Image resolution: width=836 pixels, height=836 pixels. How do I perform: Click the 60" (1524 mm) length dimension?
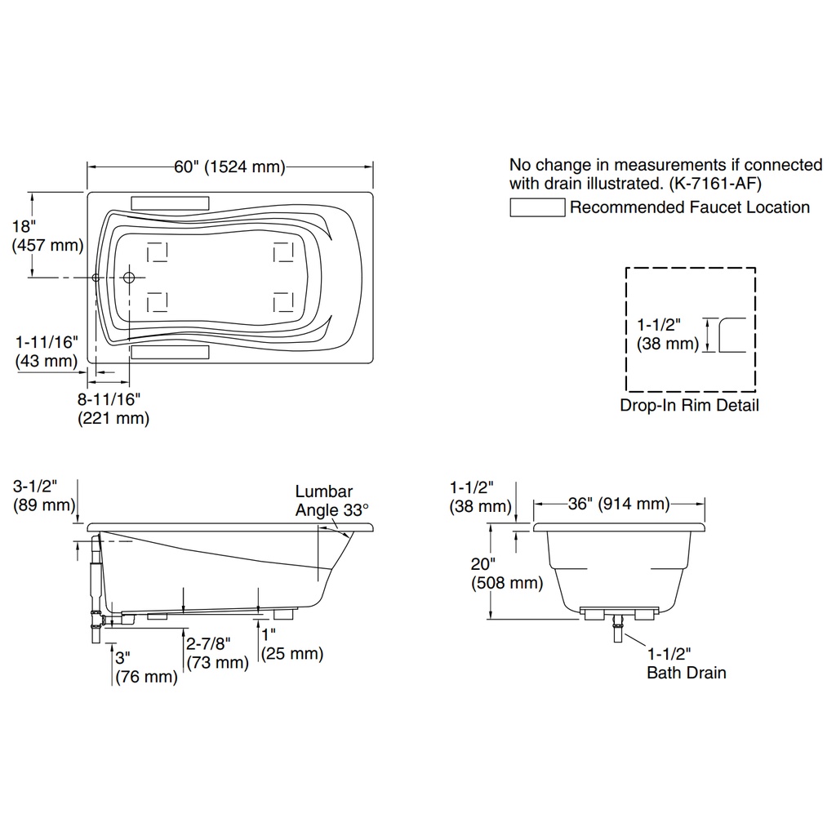coord(229,167)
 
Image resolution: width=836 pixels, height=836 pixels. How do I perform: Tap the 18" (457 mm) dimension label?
coord(47,236)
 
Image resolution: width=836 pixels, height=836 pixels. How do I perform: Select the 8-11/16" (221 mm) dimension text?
coord(113,408)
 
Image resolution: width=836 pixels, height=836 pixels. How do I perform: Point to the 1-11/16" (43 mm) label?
coord(47,351)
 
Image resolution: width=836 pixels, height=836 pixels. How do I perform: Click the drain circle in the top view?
coord(128,278)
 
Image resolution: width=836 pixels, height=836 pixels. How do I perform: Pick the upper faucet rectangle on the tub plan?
coord(170,203)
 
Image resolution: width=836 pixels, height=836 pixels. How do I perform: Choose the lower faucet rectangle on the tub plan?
coord(170,353)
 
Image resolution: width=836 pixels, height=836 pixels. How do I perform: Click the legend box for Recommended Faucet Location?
coord(537,207)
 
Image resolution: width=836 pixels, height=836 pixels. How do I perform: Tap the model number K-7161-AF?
coord(715,184)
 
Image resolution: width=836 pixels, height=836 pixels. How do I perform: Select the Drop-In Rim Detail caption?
coord(689,405)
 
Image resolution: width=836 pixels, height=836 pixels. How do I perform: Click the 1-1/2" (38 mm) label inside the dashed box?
coord(668,334)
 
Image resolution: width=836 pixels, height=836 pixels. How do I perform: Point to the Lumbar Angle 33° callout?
coord(331,500)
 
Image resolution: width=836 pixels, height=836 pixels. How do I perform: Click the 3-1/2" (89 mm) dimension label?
coord(44,496)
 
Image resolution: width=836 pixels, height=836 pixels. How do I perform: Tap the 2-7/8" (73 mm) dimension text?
coord(217,653)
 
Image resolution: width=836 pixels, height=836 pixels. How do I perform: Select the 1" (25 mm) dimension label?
coord(292,644)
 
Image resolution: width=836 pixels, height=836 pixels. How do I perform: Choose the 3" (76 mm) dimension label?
coord(146,667)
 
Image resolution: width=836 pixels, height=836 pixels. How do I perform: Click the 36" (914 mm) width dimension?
coord(619,504)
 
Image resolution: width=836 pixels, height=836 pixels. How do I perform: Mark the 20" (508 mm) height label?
coord(506,573)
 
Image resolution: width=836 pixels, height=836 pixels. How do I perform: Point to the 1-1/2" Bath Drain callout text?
coord(686,663)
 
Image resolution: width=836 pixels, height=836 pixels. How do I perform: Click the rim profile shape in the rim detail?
coord(720,335)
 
